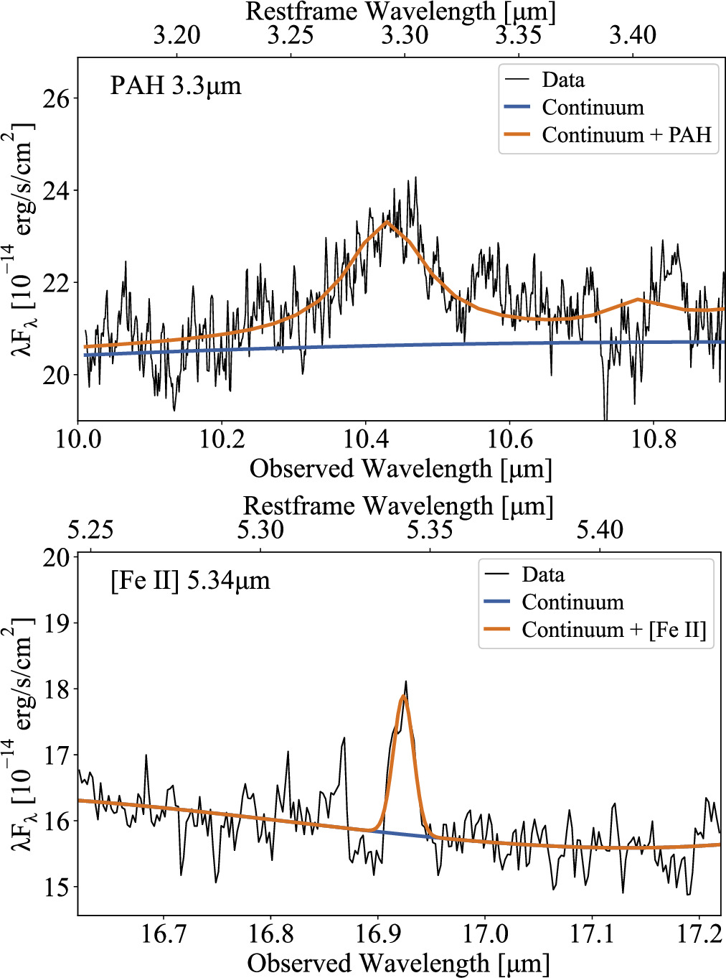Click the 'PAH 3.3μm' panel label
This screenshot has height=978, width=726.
(176, 86)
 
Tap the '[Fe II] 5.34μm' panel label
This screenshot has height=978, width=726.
(190, 580)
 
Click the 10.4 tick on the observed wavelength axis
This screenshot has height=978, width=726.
(366, 439)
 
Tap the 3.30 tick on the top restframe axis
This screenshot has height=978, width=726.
(405, 35)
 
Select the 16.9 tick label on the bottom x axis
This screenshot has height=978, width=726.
(378, 933)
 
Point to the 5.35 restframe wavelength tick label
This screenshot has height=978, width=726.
(430, 530)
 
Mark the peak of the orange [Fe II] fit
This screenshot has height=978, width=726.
(404, 696)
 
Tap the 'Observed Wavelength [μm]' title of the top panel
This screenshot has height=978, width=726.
(400, 469)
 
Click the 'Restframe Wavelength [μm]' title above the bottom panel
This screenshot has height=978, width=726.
(398, 506)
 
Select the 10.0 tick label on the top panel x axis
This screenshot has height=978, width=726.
(78, 439)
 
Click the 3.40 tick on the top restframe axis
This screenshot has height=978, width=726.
(632, 35)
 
